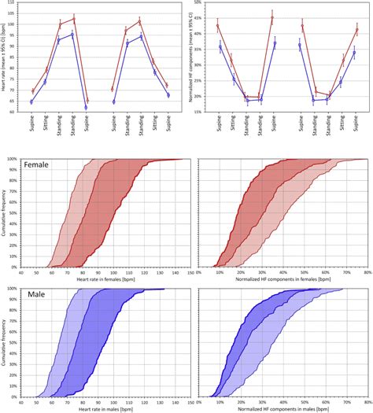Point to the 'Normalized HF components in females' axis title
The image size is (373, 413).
(284, 281)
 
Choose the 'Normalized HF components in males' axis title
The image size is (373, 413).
(284, 408)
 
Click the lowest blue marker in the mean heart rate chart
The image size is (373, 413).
(86, 107)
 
